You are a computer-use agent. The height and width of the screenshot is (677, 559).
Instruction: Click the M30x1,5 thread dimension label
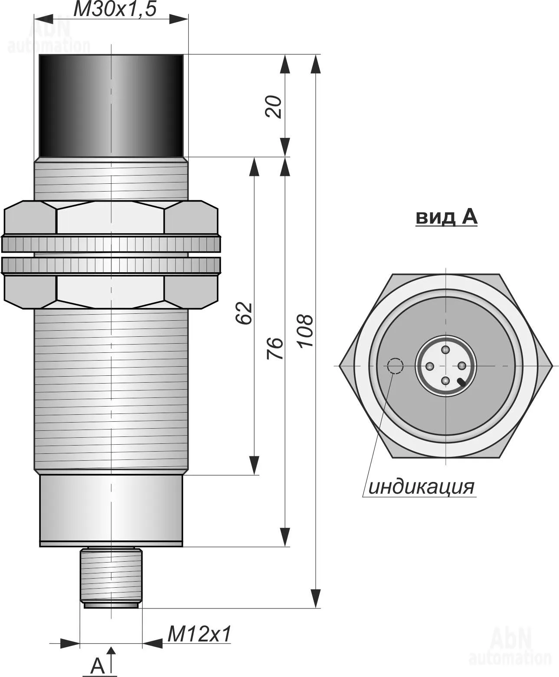coord(115,9)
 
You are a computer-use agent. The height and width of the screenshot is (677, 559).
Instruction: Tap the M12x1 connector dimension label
coord(199,634)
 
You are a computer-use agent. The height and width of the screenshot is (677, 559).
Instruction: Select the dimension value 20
coord(273,107)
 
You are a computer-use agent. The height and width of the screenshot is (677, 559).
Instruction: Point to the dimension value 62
coord(243,313)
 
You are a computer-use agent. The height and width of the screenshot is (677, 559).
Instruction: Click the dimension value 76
coord(275,348)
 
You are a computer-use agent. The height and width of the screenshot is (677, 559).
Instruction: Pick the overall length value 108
coord(305,331)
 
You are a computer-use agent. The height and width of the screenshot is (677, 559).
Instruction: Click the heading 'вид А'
coord(446,217)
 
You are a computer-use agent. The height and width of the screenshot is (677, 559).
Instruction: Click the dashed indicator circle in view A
coord(395,366)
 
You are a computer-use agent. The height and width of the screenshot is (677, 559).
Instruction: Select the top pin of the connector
coord(446,350)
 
